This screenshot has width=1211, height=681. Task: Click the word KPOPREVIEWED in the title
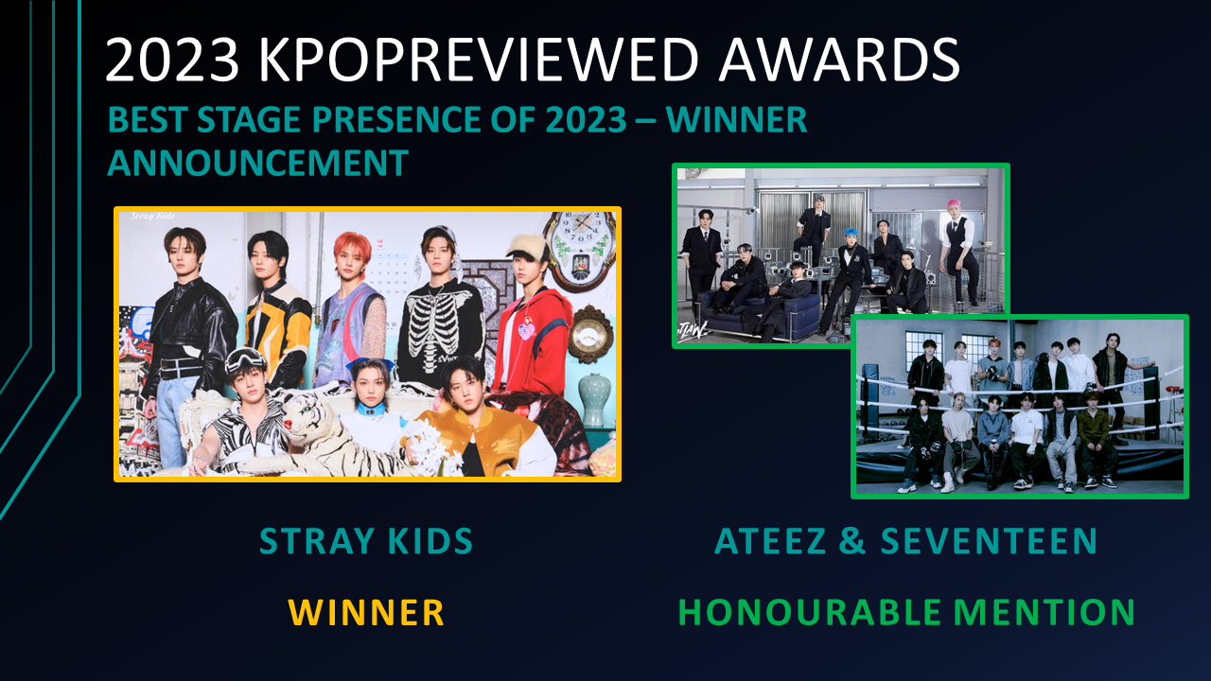coord(479,59)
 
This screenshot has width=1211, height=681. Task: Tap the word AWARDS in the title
coord(839,59)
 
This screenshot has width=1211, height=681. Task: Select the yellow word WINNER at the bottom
coord(366,612)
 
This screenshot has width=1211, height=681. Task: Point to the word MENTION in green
coord(1044,612)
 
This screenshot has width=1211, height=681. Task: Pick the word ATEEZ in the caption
coord(770,540)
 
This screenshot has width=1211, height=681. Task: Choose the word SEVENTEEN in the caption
coord(989,540)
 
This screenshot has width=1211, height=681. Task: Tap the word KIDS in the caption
coord(430,540)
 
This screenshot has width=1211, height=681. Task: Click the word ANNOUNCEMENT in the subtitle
coord(258,163)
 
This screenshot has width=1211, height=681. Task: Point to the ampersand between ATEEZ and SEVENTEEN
coord(852,540)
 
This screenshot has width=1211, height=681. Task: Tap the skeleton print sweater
coord(439,332)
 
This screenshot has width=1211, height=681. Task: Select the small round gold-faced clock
coord(589,335)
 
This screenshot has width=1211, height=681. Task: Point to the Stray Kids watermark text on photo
coord(153,217)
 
